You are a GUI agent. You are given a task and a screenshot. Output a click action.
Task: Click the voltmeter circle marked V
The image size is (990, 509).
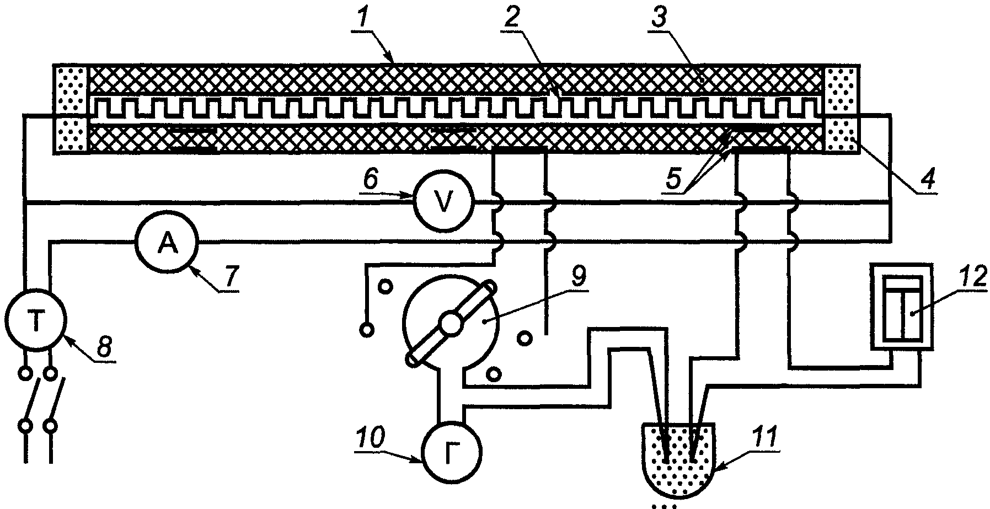click(443, 201)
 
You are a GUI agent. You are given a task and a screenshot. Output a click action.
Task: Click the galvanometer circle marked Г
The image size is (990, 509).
click(452, 453)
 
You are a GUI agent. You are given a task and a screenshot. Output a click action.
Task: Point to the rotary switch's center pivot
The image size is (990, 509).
click(452, 323)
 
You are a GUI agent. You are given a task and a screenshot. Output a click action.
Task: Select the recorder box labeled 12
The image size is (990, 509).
click(902, 306)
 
